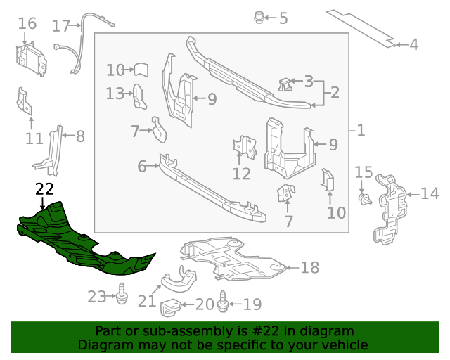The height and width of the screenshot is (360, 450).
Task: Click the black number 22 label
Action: pyautogui.click(x=44, y=188)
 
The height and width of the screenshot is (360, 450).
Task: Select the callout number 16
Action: pyautogui.click(x=27, y=24)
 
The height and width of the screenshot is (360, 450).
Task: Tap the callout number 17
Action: pyautogui.click(x=61, y=26)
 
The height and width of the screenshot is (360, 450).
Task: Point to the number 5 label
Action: pyautogui.click(x=283, y=18)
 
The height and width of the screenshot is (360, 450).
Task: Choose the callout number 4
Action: pyautogui.click(x=413, y=45)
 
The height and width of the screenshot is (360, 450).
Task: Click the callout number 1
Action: pyautogui.click(x=361, y=131)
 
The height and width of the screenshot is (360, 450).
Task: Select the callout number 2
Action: pyautogui.click(x=335, y=92)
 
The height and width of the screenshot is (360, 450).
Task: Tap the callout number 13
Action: pyautogui.click(x=115, y=94)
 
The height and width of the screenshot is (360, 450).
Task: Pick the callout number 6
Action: pyautogui.click(x=142, y=167)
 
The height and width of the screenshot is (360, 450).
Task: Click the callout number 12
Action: pyautogui.click(x=241, y=174)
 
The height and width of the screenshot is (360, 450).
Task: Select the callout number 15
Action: pyautogui.click(x=363, y=172)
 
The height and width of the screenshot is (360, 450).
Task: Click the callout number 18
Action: pyautogui.click(x=309, y=267)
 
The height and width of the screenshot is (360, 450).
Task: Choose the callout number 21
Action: pyautogui.click(x=146, y=301)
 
